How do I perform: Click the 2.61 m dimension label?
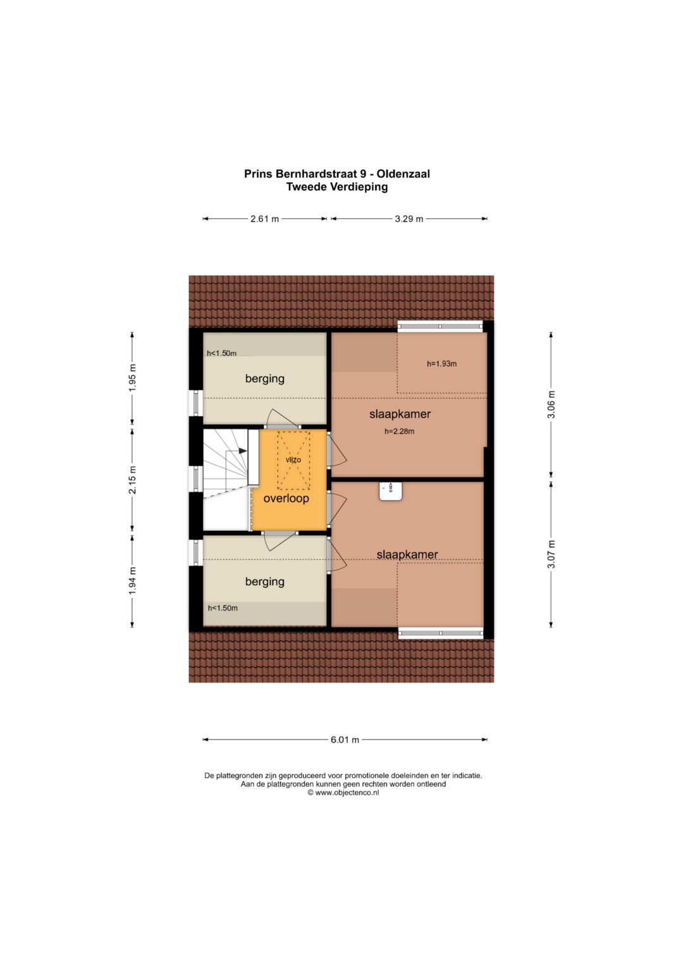264,219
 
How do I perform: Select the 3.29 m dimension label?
409,219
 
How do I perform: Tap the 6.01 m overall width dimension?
345,740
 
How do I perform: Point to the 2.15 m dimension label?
132,480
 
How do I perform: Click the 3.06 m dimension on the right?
551,404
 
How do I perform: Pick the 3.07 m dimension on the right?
551,554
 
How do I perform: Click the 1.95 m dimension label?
132,378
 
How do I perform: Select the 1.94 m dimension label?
132,580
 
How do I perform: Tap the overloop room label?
286,498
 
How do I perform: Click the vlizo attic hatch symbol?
293,460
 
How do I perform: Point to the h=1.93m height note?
441,364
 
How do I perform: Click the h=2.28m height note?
399,431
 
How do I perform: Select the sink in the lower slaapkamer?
391,491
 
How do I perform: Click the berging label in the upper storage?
264,379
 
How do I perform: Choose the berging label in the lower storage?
264,582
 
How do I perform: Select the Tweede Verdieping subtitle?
336,187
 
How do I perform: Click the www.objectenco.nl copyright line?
343,793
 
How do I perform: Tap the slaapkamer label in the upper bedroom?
400,414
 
